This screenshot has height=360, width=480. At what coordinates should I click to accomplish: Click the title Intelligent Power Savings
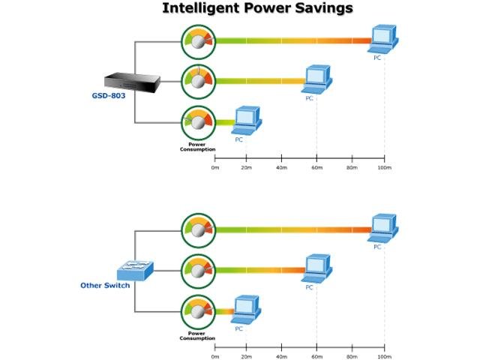click(x=258, y=8)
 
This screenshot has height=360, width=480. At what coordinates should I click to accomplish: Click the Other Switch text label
click(x=105, y=286)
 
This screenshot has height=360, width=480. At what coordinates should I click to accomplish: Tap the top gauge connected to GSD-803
click(x=198, y=41)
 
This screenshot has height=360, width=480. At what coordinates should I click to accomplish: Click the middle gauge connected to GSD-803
click(x=198, y=81)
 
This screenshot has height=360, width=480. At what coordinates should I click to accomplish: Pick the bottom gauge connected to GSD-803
click(x=198, y=121)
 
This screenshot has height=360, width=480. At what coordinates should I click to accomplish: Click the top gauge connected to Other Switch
click(x=198, y=229)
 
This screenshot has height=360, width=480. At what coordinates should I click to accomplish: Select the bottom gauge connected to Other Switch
click(x=198, y=310)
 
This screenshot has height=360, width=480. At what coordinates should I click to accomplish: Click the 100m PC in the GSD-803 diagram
click(x=384, y=39)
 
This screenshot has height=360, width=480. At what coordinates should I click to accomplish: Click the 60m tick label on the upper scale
click(x=316, y=166)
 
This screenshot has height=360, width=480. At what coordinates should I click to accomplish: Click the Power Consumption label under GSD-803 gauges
click(x=197, y=147)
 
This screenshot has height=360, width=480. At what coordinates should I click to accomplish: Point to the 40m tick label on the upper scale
click(x=282, y=166)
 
